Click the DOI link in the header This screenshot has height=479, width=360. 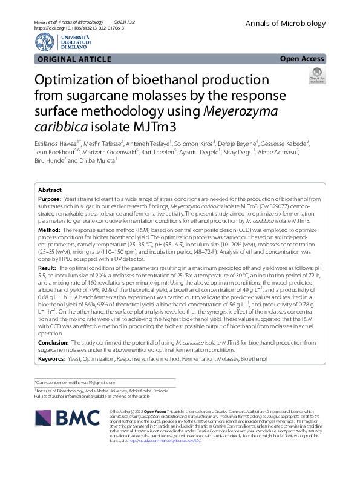point(79,28)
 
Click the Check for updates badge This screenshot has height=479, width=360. point(316,76)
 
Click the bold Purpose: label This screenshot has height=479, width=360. point(50,199)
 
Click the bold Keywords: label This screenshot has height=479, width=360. point(53,359)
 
